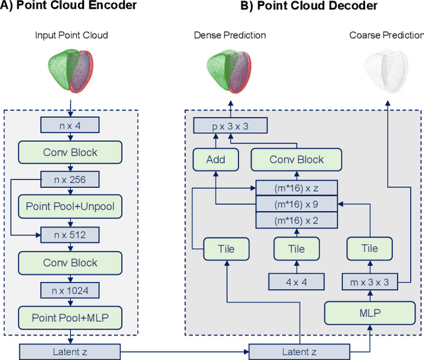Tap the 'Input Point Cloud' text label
coord(71,35)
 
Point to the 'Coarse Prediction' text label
coord(386,35)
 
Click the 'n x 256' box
coord(70,179)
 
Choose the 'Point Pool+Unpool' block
coord(70,206)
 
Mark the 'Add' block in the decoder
coord(215,159)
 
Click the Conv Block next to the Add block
coord(296,159)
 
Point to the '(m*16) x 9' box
coord(296,205)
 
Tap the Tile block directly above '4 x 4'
coord(296,249)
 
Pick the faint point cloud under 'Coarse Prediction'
coord(386,69)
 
